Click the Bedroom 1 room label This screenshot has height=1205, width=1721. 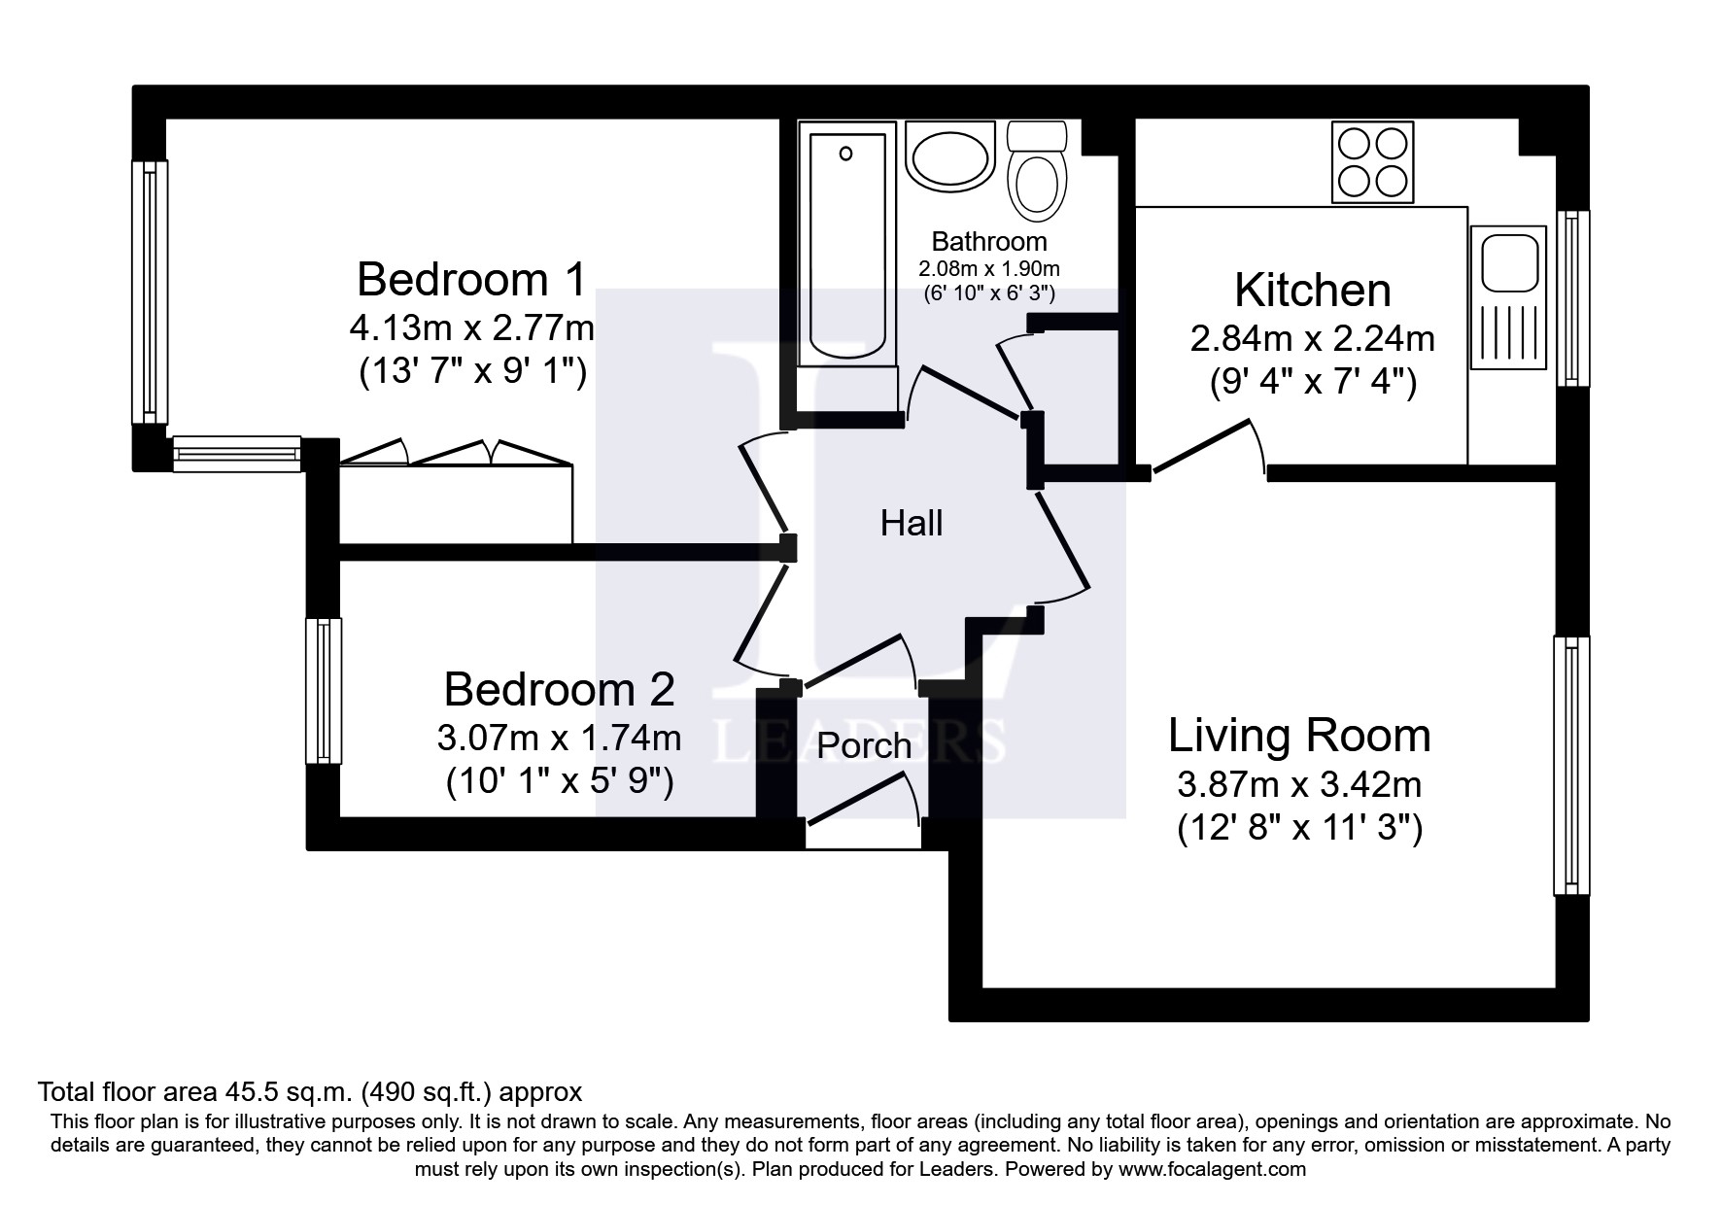coord(471,280)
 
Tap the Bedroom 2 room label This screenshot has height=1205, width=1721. coord(559,690)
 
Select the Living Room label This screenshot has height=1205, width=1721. coord(1299,736)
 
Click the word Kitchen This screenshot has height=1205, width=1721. coord(1312,291)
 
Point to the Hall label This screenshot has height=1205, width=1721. coord(912,524)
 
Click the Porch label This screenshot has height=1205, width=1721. coord(864,746)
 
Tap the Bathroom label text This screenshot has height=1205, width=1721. coord(989,241)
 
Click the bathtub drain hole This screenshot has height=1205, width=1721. coord(845,154)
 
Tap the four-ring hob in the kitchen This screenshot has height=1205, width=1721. coord(1372,162)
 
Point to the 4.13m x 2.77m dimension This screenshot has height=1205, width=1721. coord(471,328)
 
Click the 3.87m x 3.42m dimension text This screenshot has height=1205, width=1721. coord(1299,783)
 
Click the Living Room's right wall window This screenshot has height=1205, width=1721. coord(1570,765)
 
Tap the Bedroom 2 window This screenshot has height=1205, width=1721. coord(324,690)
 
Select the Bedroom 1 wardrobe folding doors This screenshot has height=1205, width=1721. coord(455,454)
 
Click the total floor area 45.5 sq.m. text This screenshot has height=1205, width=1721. coord(309,1091)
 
